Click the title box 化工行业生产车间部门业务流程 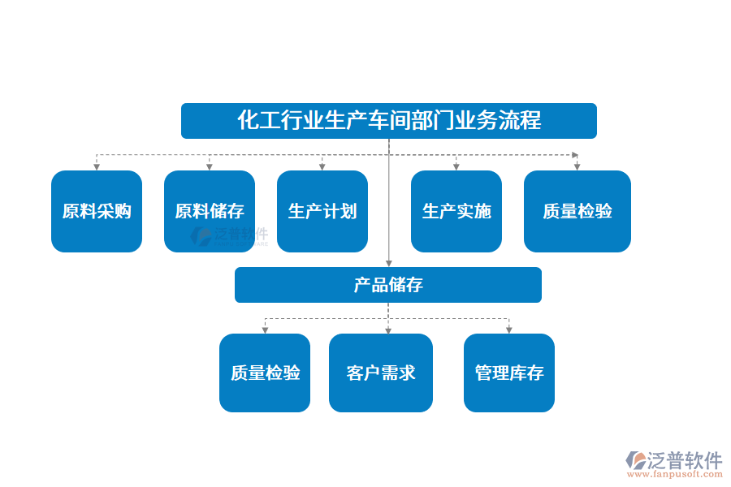388,121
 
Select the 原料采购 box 97,211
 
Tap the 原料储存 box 210,211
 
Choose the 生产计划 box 322,211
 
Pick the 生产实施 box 456,211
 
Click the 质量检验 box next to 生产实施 577,211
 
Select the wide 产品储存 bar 388,285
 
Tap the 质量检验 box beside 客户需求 265,373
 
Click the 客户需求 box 381,373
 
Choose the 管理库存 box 509,373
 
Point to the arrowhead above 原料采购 97,166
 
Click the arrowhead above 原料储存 210,166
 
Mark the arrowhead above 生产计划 322,166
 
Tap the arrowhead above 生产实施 456,166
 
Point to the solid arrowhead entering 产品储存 389,263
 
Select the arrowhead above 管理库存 509,330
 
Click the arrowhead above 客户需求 388,330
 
